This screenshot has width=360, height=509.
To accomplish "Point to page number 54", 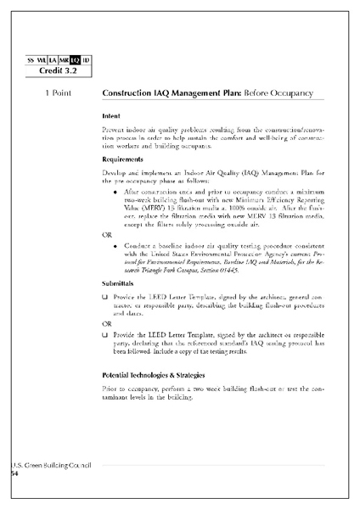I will (x=14, y=475).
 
